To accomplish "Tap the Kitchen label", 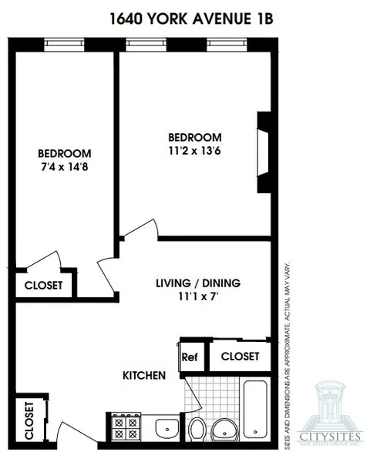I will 144,376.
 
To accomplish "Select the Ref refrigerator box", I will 190,357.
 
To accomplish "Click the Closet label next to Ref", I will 240,357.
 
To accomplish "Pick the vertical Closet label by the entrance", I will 29,420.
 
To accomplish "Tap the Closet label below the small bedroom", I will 43,285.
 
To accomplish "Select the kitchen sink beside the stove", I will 166,427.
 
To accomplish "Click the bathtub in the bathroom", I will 256,408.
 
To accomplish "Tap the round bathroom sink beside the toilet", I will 225,429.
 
